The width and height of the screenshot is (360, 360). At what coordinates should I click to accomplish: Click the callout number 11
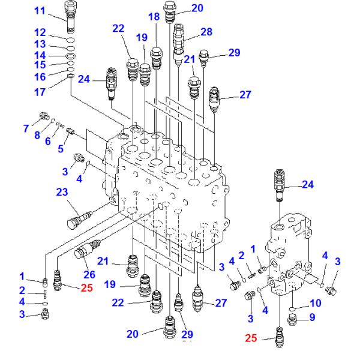[40, 11]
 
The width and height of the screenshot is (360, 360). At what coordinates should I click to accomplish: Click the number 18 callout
[155, 17]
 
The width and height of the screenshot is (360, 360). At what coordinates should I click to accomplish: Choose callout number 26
[90, 275]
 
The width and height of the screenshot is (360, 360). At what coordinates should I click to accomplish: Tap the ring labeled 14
[70, 56]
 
